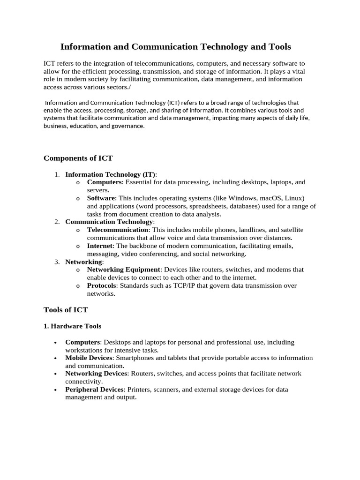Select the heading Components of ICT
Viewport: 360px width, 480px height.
pos(78,158)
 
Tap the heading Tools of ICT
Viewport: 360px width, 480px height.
pos(66,310)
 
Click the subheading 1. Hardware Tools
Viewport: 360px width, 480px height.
pos(72,326)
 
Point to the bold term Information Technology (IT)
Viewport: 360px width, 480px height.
pos(111,174)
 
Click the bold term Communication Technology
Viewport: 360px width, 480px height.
pos(109,222)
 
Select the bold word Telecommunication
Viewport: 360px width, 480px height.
pos(118,230)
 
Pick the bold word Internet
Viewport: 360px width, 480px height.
pos(100,246)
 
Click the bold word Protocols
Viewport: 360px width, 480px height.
pos(102,285)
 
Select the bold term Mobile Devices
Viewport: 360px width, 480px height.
pos(89,358)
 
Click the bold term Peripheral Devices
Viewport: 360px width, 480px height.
pos(94,389)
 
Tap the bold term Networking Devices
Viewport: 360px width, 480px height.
pos(96,373)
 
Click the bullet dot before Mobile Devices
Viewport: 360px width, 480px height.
pos(56,359)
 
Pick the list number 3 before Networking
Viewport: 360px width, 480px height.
pos(56,262)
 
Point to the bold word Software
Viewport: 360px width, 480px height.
pos(101,198)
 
